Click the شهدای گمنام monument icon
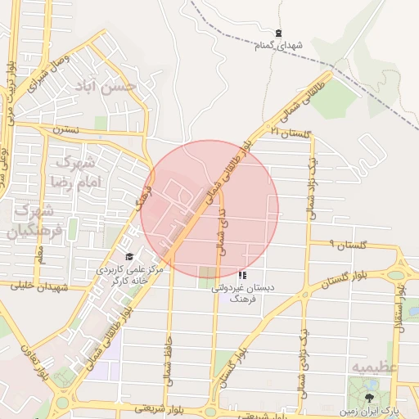coord(279,34)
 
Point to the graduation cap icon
coord(129,257)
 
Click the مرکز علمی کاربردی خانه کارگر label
coord(131,273)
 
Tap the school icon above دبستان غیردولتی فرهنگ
coord(242,275)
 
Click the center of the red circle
coord(209,209)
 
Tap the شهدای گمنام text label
coord(279,45)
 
